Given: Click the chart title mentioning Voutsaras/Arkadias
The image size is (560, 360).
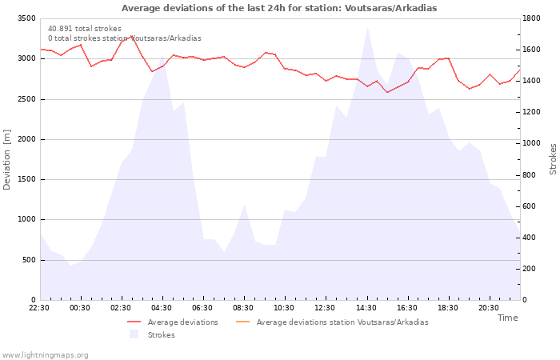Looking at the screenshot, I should [x=279, y=8].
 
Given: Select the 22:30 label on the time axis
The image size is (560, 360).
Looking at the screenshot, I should [x=40, y=308].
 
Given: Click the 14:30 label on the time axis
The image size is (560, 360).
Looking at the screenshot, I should [x=366, y=308].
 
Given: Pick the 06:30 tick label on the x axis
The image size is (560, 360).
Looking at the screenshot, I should [x=203, y=308].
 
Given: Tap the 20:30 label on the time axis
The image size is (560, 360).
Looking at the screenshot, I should [x=489, y=308].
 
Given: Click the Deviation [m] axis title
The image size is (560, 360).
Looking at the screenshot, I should [x=7, y=159].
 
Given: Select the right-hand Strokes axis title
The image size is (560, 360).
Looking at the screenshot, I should [x=553, y=159].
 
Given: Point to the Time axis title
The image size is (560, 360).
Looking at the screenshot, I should [x=507, y=318].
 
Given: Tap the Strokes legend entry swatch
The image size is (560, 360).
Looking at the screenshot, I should [x=134, y=334].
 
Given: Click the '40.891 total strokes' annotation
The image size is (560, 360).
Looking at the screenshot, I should [x=85, y=29].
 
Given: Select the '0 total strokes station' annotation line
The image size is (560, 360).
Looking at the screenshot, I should [x=124, y=38].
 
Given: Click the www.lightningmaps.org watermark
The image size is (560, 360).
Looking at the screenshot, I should [x=46, y=355].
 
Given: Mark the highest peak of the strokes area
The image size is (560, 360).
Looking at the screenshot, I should [x=367, y=29].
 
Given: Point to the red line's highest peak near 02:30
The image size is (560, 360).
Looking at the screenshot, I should [x=132, y=36].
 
